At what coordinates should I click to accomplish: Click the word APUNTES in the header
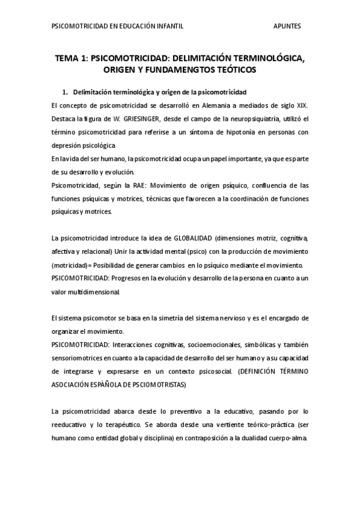(x=287, y=26)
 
